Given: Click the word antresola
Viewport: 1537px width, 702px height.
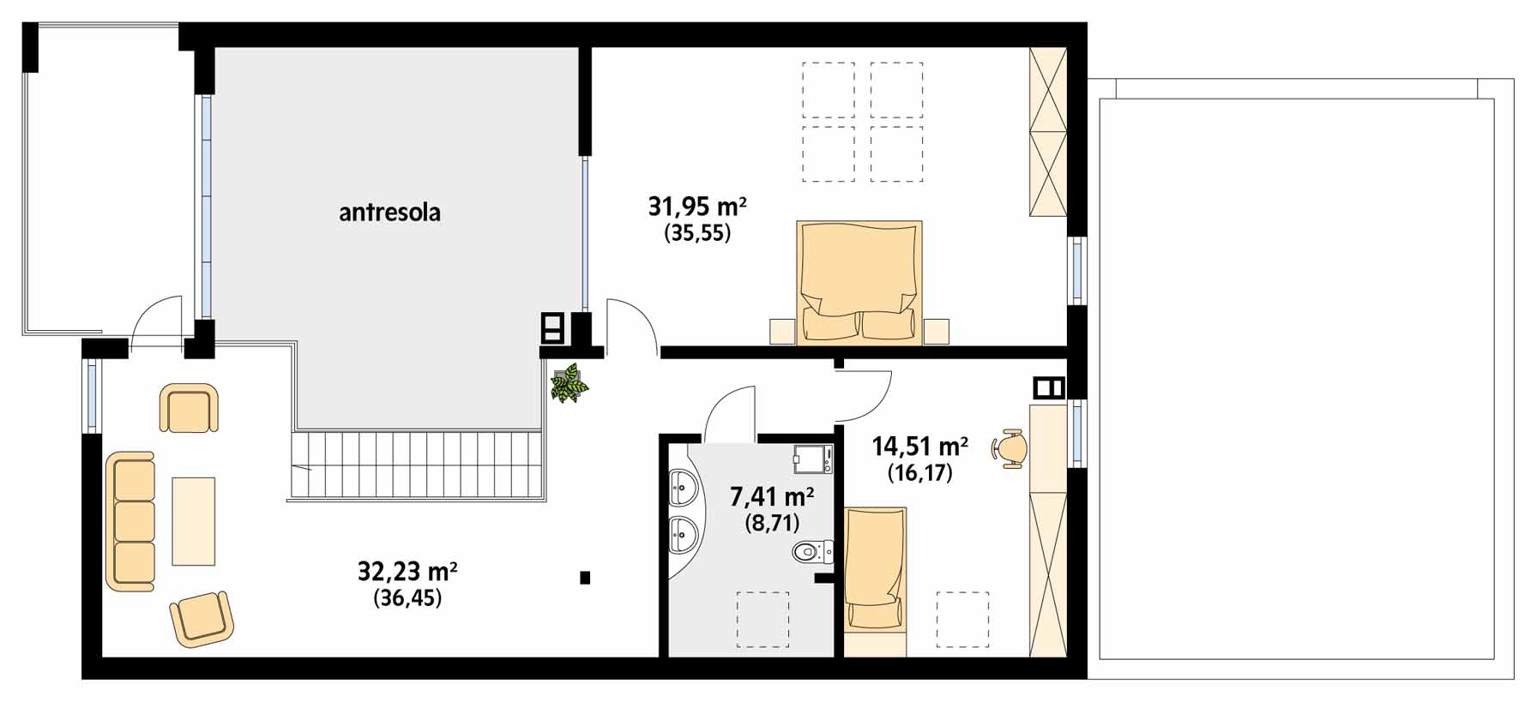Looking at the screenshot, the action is [389, 213].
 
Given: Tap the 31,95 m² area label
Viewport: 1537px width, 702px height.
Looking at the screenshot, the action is [697, 207].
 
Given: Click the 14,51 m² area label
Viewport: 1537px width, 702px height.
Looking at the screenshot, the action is [920, 447].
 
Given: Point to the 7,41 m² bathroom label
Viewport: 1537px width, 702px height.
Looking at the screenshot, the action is [772, 496].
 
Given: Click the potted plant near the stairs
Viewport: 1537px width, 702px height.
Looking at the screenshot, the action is [569, 384].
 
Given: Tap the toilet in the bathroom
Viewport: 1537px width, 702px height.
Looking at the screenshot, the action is [811, 551].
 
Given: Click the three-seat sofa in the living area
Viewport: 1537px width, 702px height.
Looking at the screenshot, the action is [130, 521].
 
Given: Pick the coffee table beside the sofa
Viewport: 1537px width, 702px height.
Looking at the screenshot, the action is [193, 521].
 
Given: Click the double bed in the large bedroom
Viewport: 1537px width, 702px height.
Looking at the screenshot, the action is [859, 283].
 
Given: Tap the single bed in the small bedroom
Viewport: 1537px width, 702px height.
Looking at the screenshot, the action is [875, 582].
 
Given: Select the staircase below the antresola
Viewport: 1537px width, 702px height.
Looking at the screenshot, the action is [418, 465].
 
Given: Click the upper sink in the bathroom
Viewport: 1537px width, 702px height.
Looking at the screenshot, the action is [684, 487].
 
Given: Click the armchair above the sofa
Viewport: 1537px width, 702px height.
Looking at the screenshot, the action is [189, 408].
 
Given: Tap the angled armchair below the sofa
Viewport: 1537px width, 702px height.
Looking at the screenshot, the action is [202, 618].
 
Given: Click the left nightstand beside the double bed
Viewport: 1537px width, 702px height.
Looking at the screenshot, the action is [782, 332].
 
